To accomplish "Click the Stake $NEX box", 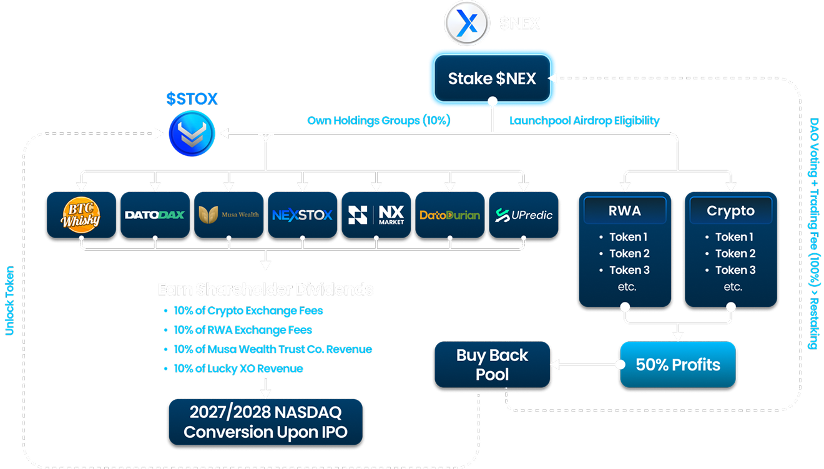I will click(491, 79).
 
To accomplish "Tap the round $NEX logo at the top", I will click(467, 24).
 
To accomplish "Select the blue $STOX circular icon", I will click(192, 133).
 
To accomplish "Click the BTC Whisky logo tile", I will click(81, 215).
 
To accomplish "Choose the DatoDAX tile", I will click(155, 215).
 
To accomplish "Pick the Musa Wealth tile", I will click(228, 215).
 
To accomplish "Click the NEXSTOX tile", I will click(302, 215).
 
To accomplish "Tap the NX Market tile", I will click(376, 215).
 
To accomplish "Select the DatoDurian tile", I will click(449, 215).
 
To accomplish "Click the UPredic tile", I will click(523, 215).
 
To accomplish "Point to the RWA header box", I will click(625, 211).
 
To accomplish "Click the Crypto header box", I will click(730, 211).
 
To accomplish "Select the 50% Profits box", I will click(678, 365).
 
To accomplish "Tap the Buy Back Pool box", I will click(493, 365).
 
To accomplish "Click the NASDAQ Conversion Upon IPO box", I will click(265, 423).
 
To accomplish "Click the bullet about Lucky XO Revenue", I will click(238, 369).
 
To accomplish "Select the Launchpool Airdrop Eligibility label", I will click(584, 120).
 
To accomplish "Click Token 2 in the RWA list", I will click(629, 253).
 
